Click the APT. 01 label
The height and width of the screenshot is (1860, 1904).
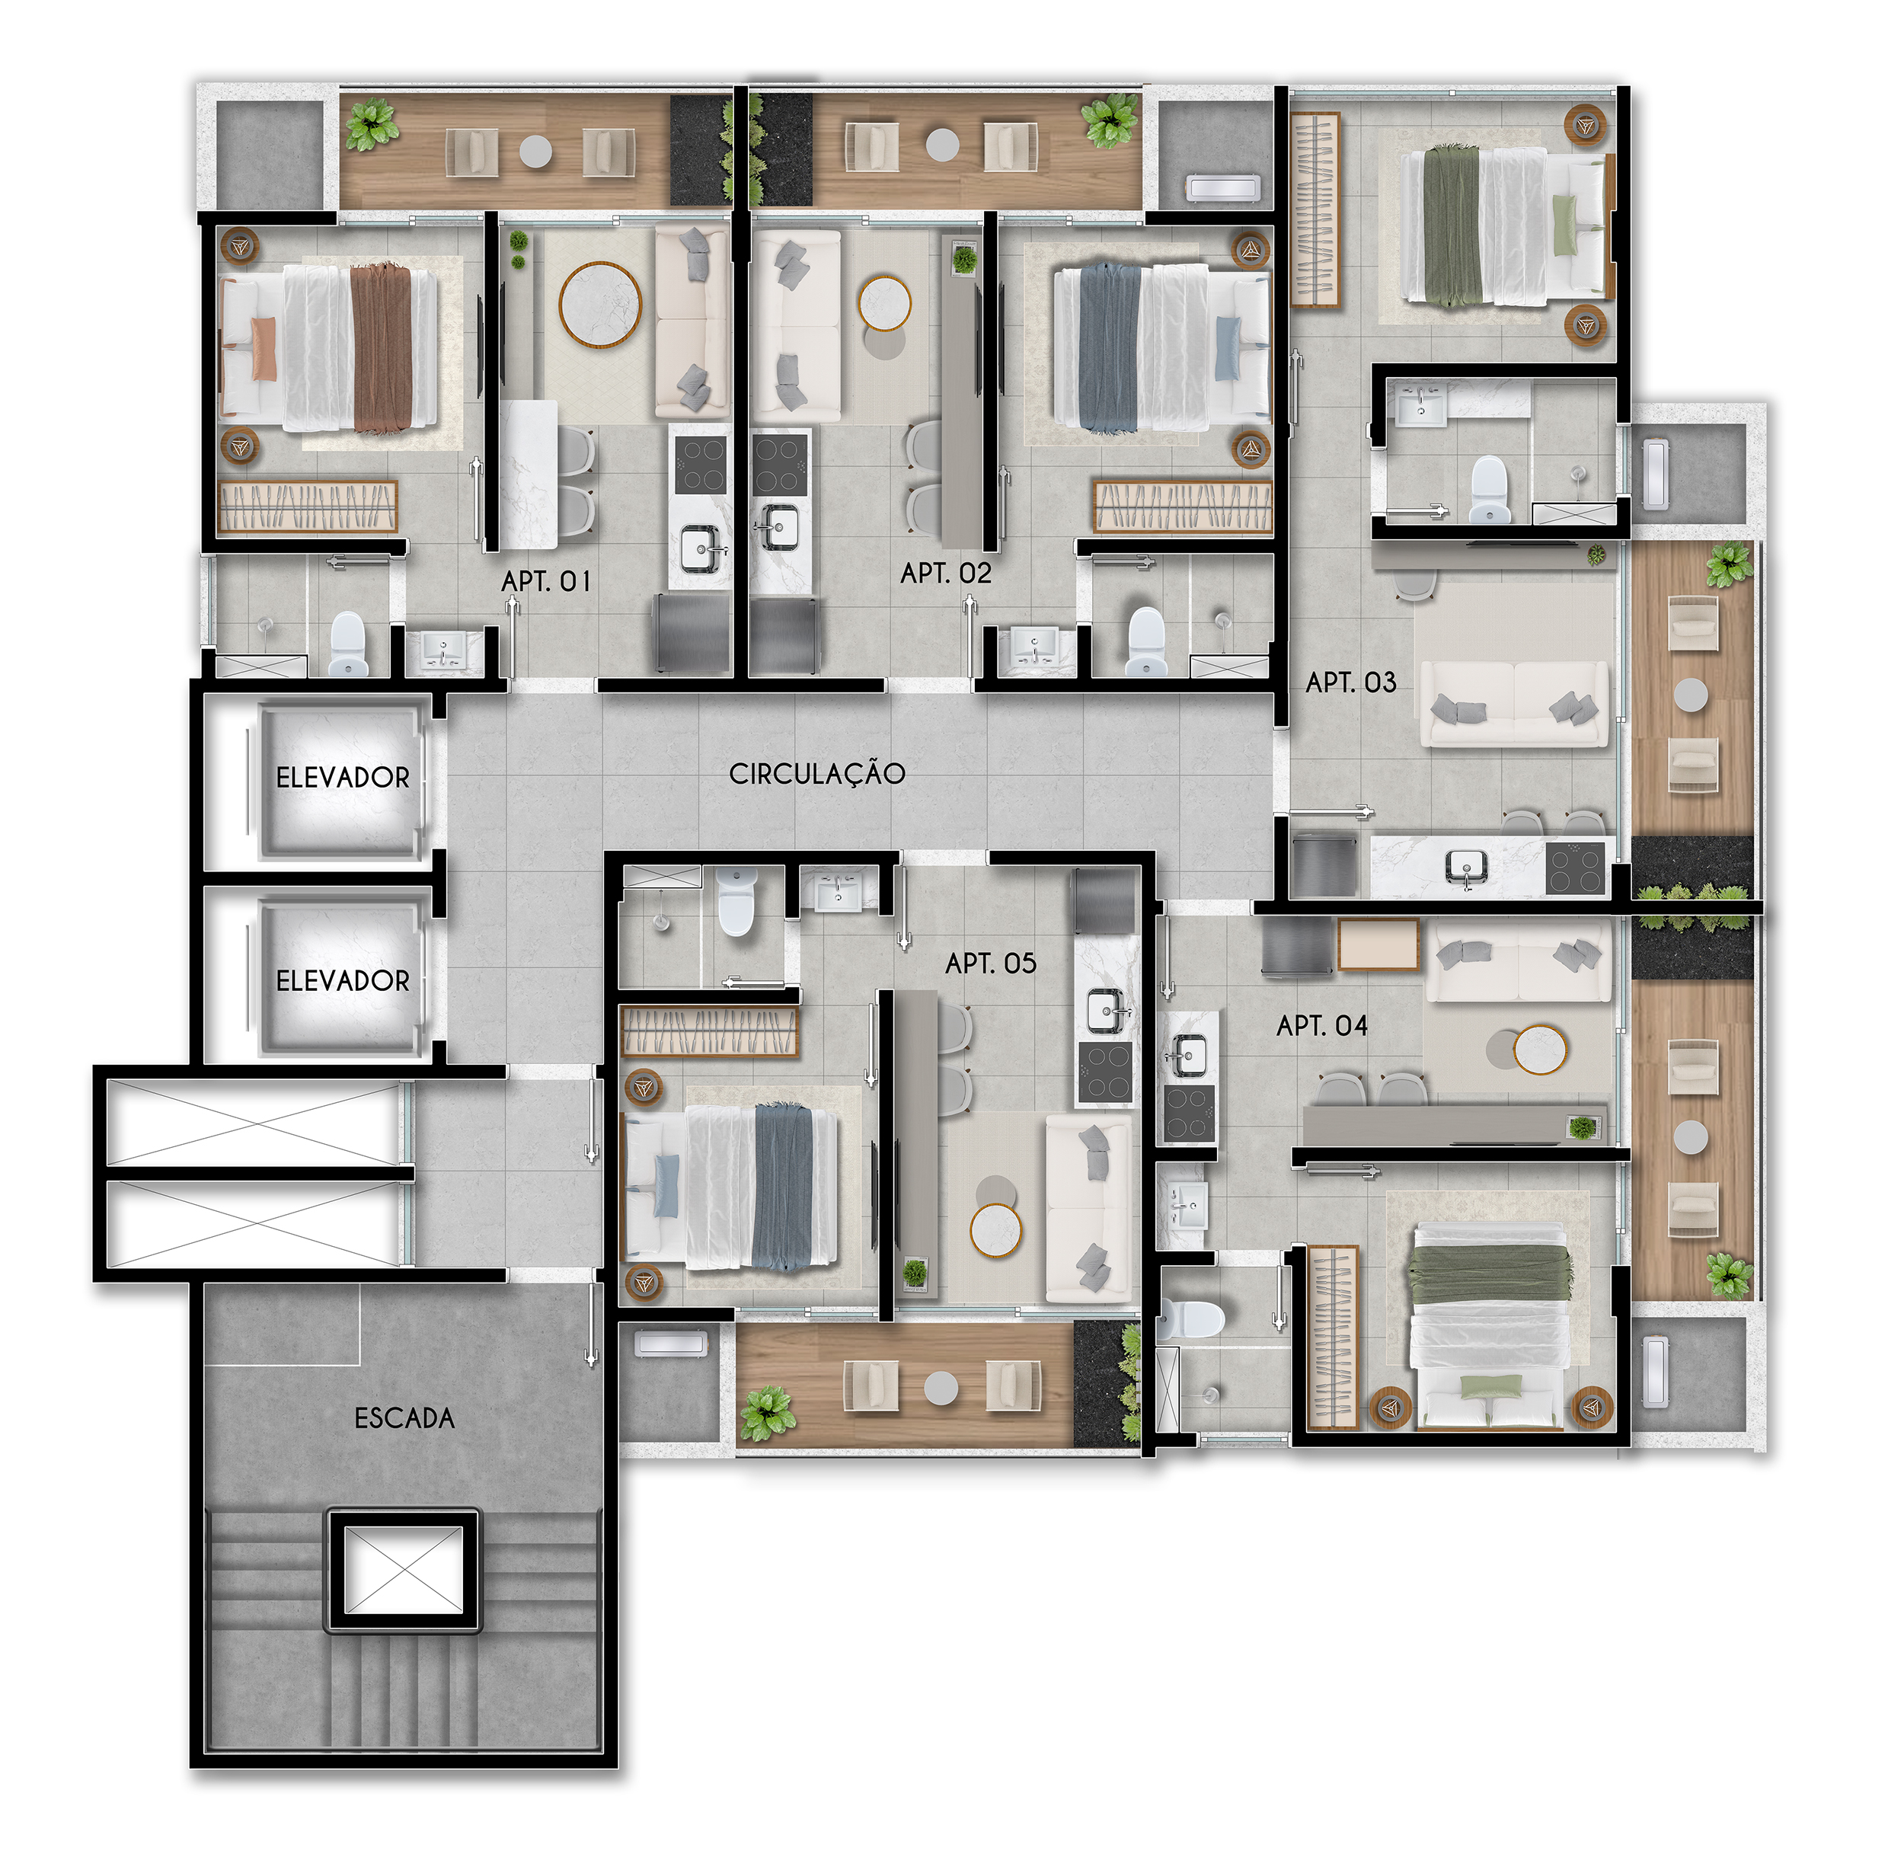pyautogui.click(x=545, y=581)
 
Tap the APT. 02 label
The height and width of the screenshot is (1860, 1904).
pyautogui.click(x=946, y=573)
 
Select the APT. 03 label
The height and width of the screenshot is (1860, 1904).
pyautogui.click(x=1351, y=682)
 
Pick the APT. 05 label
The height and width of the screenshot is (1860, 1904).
pyautogui.click(x=991, y=964)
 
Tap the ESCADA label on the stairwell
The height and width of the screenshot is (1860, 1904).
pyautogui.click(x=404, y=1418)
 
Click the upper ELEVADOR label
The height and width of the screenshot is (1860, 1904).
pyautogui.click(x=343, y=778)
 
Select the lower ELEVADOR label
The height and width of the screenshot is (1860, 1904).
pyautogui.click(x=343, y=981)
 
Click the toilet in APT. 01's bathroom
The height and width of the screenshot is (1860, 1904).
pyautogui.click(x=348, y=644)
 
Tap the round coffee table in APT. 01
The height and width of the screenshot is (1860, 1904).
pyautogui.click(x=600, y=304)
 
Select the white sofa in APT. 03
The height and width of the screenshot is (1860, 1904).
pyautogui.click(x=1514, y=703)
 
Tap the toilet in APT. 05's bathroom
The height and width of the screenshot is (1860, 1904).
pyautogui.click(x=737, y=902)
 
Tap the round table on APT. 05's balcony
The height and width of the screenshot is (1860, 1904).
pyautogui.click(x=941, y=1387)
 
